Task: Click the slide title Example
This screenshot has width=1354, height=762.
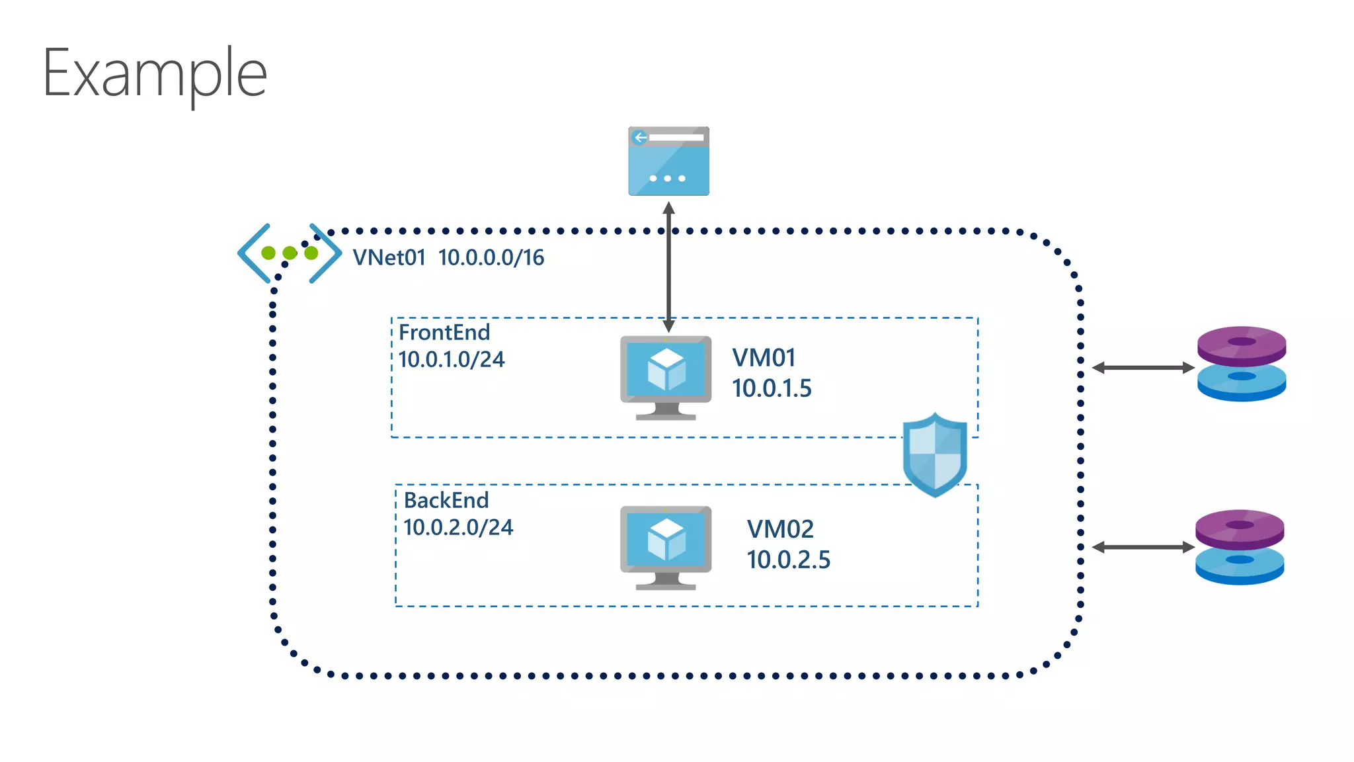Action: coord(155,74)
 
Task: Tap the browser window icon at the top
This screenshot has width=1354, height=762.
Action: coord(668,161)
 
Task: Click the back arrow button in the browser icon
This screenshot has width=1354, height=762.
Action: coord(639,138)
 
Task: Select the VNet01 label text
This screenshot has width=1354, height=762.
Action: coord(389,257)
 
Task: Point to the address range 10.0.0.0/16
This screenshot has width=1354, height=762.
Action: coord(491,257)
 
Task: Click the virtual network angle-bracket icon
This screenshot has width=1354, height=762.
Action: coord(290,253)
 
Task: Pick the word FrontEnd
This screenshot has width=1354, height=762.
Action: coord(444,332)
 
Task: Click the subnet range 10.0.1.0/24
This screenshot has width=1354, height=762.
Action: coord(452,360)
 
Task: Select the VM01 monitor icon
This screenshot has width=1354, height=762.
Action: coord(666,376)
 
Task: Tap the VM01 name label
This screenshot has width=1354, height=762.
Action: coord(764,358)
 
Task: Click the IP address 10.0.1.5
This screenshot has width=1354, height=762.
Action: coord(772,388)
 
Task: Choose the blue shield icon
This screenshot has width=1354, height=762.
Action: coord(935,454)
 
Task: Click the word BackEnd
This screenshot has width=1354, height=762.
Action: coord(446,500)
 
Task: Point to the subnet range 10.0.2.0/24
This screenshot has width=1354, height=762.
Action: coord(458,528)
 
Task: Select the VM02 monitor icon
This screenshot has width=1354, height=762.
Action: coord(666,546)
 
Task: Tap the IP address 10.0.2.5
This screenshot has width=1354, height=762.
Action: coord(788,560)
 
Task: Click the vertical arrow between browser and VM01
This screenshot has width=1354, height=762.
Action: coord(668,267)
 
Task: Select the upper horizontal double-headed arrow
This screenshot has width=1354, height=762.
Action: coord(1143,368)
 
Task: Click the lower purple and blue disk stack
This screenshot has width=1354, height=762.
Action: coord(1240,547)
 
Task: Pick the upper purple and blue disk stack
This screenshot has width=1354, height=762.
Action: coord(1242,364)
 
